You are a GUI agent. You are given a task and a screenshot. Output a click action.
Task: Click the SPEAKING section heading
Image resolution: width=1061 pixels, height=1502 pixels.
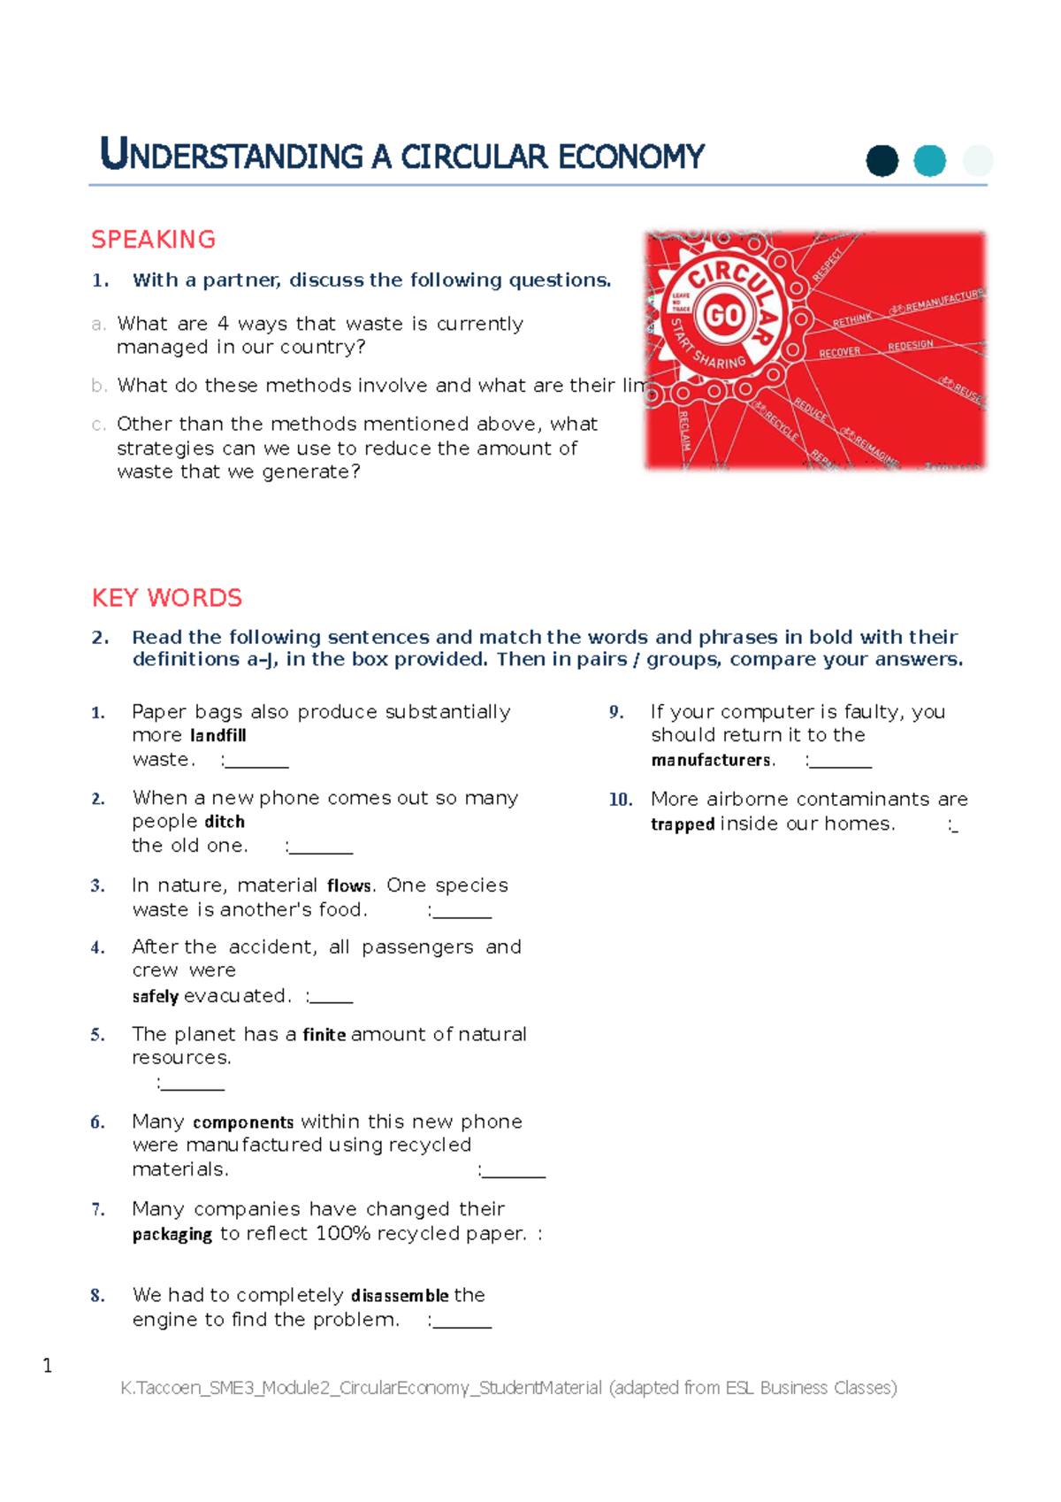point(153,240)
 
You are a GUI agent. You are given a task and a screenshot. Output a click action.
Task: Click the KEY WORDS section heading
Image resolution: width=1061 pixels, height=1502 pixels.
point(166,598)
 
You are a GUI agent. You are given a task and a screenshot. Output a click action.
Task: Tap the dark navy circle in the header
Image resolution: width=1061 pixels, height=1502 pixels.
point(882,161)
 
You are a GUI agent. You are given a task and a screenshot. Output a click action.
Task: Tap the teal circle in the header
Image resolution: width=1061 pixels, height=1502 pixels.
point(929,161)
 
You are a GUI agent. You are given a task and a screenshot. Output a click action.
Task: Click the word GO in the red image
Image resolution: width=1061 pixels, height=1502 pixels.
point(724,315)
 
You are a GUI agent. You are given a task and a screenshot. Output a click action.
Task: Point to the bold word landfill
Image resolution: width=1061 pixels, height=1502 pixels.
point(218,735)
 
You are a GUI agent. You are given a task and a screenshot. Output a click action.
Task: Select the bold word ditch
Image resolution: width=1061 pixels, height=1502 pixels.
point(225,822)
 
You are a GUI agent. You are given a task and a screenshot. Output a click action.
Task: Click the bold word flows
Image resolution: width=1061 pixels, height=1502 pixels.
point(348,885)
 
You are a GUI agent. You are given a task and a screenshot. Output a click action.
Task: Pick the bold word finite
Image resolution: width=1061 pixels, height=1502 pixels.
point(324,1035)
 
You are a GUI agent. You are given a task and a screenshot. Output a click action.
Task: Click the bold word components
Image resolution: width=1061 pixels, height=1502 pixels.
point(242,1123)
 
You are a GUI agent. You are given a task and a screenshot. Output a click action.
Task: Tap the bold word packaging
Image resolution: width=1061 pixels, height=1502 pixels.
point(172,1234)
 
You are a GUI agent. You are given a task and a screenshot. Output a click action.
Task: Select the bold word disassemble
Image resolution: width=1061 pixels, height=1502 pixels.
point(400,1296)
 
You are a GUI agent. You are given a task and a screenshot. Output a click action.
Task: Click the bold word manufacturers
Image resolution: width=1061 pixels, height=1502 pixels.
point(711,760)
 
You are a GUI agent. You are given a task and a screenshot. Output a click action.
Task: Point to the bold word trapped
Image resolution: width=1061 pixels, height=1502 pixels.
point(682,824)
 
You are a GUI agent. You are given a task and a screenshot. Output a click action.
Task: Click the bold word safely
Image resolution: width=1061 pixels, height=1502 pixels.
point(155,997)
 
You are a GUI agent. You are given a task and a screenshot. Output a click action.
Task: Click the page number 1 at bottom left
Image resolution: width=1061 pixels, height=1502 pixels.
point(47,1366)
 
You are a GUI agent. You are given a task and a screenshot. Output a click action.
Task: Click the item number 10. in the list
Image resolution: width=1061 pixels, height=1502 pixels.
point(620,800)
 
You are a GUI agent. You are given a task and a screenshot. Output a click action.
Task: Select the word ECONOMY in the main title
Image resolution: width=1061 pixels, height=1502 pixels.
point(630,157)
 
